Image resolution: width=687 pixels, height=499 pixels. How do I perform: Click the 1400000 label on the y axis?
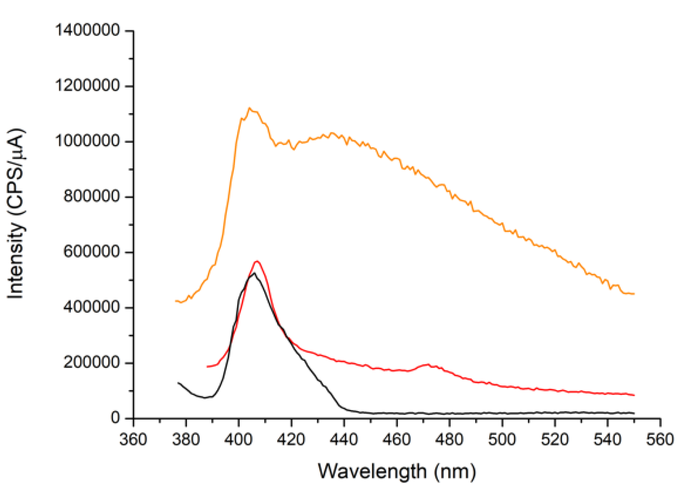click(87, 31)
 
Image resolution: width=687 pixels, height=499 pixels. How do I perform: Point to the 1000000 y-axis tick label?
click(87, 141)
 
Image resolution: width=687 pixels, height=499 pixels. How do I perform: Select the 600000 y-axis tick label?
click(92, 252)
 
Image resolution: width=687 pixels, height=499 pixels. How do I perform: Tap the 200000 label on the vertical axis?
click(92, 362)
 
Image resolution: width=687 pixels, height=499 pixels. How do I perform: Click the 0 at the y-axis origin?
click(115, 418)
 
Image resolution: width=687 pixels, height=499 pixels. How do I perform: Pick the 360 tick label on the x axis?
click(133, 439)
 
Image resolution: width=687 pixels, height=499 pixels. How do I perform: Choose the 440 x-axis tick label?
click(344, 439)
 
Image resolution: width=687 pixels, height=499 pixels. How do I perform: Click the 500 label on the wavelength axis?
click(502, 439)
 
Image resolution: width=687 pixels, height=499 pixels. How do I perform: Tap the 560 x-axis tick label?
click(660, 439)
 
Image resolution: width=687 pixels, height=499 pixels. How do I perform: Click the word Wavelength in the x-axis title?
click(372, 471)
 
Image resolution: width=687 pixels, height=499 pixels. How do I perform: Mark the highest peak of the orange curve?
click(249, 108)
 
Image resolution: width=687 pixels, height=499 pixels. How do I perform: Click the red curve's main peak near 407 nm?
click(257, 261)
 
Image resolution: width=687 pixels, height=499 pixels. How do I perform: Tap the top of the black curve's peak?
click(254, 273)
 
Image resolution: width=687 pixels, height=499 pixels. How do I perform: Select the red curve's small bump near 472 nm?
click(427, 364)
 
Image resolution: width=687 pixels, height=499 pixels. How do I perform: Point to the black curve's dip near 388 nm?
click(205, 397)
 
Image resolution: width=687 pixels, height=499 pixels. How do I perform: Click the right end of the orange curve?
click(634, 294)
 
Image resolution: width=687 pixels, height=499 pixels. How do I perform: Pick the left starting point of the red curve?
click(208, 367)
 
